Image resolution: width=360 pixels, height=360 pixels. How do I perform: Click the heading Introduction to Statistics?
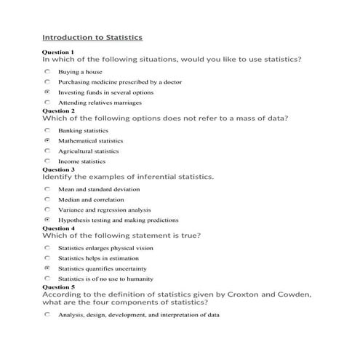tap(92, 36)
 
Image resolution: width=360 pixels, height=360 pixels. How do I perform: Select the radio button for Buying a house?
tap(47, 72)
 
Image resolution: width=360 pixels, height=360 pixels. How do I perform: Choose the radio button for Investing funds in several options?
tap(47, 92)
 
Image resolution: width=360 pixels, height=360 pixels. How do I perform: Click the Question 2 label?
tap(58, 111)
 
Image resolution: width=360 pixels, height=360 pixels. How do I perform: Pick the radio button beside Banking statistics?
tap(47, 130)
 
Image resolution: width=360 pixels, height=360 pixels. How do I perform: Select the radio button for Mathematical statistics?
tap(47, 140)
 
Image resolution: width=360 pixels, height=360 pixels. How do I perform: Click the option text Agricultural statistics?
tap(88, 151)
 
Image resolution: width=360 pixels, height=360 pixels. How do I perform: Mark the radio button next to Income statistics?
tap(47, 161)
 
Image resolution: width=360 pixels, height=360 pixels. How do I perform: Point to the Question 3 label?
tap(58, 169)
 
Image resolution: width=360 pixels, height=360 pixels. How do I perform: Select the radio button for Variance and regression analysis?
tap(47, 209)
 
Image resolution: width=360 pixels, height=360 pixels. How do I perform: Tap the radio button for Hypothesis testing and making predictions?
tap(47, 220)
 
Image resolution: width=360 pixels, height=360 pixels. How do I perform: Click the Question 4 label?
tap(58, 228)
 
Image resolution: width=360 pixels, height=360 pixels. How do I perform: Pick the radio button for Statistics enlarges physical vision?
tap(47, 247)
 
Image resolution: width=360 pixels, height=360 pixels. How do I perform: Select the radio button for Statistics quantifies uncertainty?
tap(47, 268)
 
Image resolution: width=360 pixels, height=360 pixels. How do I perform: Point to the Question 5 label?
tap(58, 287)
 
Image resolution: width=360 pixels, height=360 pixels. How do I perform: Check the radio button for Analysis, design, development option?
tap(47, 315)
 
